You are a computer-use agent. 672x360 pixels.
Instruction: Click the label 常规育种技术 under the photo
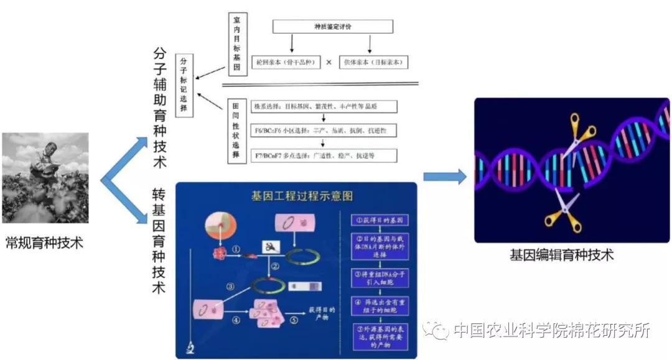pyautogui.click(x=44, y=242)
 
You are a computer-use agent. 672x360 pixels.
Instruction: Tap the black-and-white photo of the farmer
pyautogui.click(x=45, y=177)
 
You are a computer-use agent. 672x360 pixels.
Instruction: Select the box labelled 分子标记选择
pyautogui.click(x=184, y=85)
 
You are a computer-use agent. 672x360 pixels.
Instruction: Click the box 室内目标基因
pyautogui.click(x=237, y=44)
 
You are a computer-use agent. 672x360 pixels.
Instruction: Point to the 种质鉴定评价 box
pyautogui.click(x=333, y=26)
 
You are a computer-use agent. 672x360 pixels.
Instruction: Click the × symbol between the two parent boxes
pyautogui.click(x=329, y=63)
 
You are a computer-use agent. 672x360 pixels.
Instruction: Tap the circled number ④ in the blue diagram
pyautogui.click(x=236, y=321)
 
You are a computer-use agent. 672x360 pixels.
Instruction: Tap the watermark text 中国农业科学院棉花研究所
pyautogui.click(x=551, y=330)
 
